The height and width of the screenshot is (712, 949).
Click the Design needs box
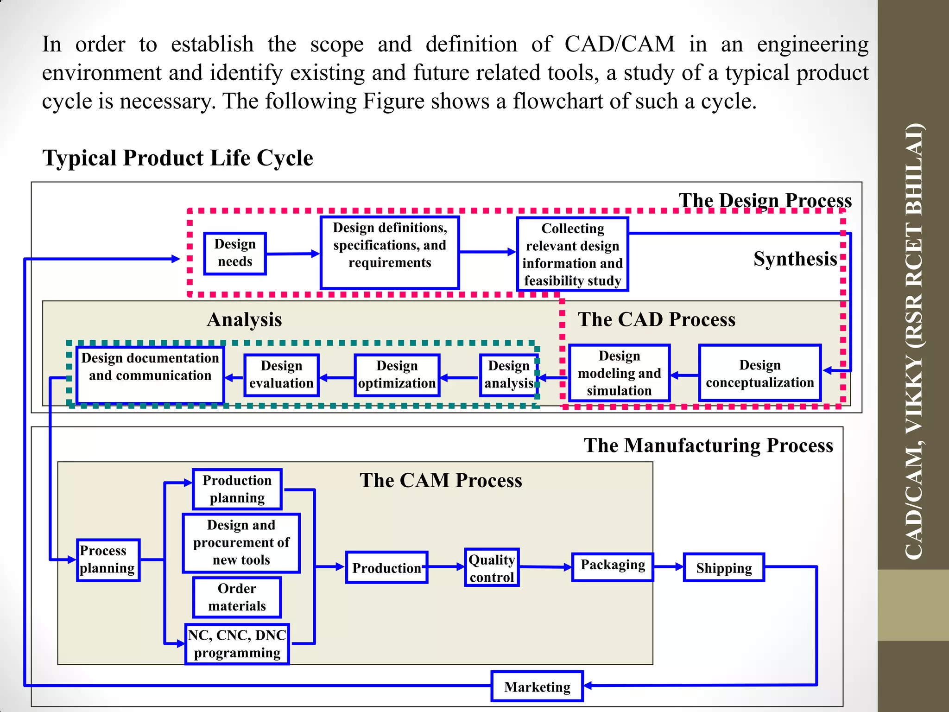tap(235, 253)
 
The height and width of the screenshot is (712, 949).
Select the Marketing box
tap(537, 687)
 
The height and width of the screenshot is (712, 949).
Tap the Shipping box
tap(724, 567)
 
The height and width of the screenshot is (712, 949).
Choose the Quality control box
tap(492, 568)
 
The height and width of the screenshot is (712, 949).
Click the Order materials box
tap(237, 597)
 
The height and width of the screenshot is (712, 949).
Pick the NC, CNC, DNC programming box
tap(237, 644)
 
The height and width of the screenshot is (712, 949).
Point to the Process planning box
tap(108, 559)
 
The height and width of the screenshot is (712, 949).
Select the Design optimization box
tap(397, 375)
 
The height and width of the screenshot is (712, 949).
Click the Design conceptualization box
tap(759, 373)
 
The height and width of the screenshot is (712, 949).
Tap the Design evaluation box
tap(281, 375)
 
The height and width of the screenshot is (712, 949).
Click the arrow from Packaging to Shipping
tap(668, 566)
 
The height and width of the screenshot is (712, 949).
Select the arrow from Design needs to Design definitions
tap(293, 254)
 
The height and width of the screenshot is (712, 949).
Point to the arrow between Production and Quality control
tap(446, 566)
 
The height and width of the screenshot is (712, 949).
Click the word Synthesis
tap(795, 259)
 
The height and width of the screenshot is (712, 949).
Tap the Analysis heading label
tap(244, 320)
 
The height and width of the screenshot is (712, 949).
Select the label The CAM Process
tap(441, 480)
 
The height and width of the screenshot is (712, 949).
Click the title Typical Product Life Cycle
tap(178, 158)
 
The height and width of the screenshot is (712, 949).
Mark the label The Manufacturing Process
tap(708, 445)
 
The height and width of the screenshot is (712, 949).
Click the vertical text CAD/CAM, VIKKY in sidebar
tap(913, 464)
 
